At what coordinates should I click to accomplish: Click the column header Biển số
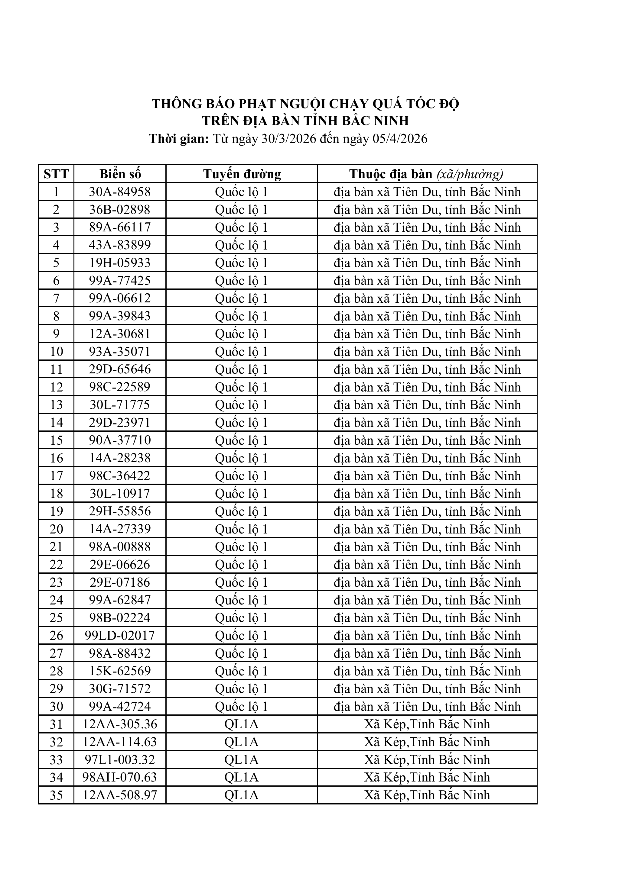[120, 174]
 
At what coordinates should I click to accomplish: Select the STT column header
[56, 174]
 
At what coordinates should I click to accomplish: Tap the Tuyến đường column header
[242, 174]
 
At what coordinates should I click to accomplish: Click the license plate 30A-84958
[120, 192]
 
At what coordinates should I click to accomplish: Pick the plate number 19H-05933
[120, 263]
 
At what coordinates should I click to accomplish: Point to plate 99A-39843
[120, 316]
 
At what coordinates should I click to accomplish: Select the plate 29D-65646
[120, 369]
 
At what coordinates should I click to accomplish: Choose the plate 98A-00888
[120, 546]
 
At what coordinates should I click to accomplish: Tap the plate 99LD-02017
[120, 635]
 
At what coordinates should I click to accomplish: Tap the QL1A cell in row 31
[242, 724]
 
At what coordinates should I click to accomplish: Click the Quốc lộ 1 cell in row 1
[242, 192]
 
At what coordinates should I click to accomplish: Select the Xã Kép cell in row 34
[427, 777]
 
